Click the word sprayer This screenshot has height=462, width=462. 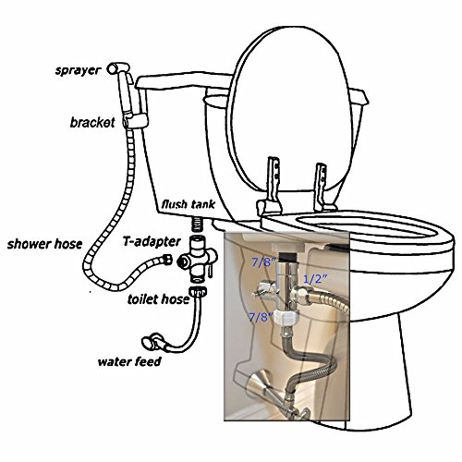(78, 71)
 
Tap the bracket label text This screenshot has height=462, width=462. (92, 123)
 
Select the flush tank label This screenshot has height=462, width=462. (188, 204)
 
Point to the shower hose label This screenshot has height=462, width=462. (44, 244)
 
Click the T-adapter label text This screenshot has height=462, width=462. (152, 242)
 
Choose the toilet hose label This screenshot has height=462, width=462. (158, 299)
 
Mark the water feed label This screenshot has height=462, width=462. (129, 361)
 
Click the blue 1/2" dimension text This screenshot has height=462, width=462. (315, 279)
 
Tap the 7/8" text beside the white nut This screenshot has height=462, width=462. (261, 317)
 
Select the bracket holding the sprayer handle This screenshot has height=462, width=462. (136, 121)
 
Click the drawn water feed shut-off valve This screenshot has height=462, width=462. (153, 341)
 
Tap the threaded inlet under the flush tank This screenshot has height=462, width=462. (197, 225)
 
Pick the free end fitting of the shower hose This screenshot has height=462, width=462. (166, 260)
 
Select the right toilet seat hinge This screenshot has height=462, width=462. (322, 188)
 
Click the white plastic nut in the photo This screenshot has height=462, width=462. (287, 318)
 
